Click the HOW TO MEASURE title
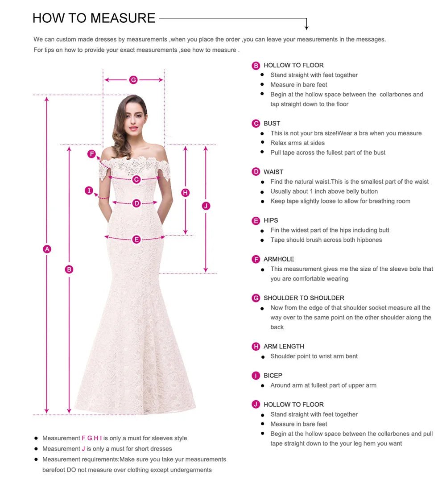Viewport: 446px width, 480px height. (x=94, y=18)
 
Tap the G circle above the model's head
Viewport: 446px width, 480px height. (x=133, y=80)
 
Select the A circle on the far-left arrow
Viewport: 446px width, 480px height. (x=47, y=249)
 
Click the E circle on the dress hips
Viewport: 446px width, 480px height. (x=136, y=240)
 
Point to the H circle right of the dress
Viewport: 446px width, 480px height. (x=186, y=193)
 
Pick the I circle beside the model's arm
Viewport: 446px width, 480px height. (x=89, y=191)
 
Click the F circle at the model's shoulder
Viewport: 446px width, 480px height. (x=91, y=154)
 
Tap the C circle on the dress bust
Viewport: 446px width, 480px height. (x=136, y=179)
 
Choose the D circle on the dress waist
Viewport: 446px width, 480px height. (x=136, y=203)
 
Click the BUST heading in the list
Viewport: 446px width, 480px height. (x=272, y=124)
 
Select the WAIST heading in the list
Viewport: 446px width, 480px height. (x=273, y=172)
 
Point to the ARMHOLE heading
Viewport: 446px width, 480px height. (x=278, y=259)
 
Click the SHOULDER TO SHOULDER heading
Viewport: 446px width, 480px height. (x=304, y=298)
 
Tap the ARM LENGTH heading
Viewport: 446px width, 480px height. (x=284, y=347)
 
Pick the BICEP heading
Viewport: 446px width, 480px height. (x=273, y=376)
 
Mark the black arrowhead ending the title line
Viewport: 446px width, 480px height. (x=306, y=28)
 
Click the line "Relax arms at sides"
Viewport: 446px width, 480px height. (x=297, y=143)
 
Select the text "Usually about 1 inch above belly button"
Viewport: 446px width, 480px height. (x=324, y=191)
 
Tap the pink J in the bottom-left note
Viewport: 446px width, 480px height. (x=83, y=449)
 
